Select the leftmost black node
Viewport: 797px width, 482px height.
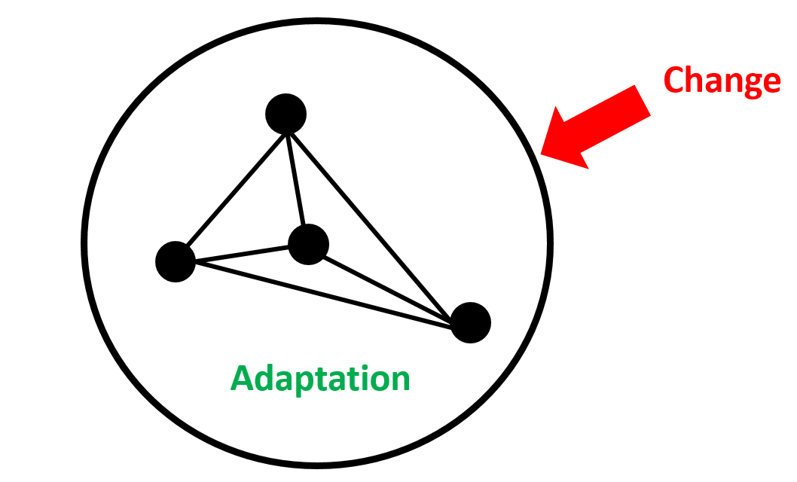click(176, 261)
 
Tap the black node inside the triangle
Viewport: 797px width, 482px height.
click(309, 245)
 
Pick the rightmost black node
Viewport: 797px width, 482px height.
click(471, 322)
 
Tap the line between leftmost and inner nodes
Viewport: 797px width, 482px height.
click(241, 254)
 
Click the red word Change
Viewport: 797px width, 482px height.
click(721, 81)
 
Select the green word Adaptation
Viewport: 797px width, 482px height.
click(320, 377)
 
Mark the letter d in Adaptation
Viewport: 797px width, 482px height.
click(264, 377)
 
